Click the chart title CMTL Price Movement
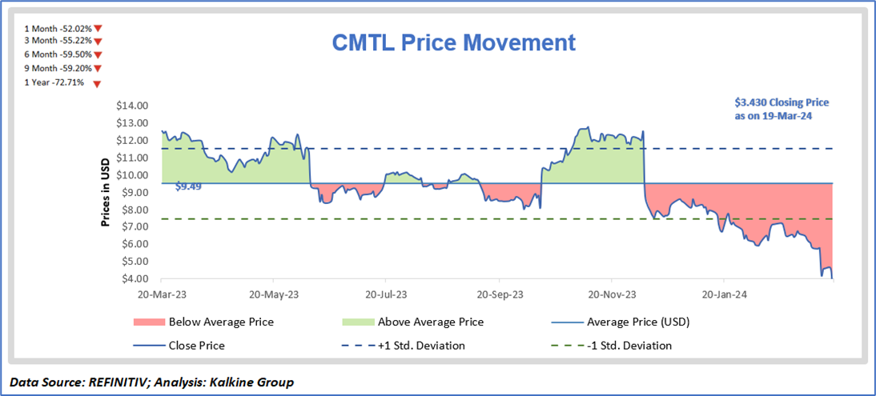[453, 42]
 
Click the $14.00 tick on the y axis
[131, 106]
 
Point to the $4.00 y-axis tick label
[131, 278]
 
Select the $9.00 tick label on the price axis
[131, 192]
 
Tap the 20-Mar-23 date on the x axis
[161, 293]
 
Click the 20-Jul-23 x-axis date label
[385, 293]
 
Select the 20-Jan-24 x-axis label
[723, 293]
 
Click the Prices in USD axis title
[106, 192]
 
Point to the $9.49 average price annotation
[188, 186]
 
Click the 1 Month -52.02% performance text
[58, 29]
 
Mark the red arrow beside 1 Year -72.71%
[97, 83]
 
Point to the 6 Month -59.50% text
[58, 55]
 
